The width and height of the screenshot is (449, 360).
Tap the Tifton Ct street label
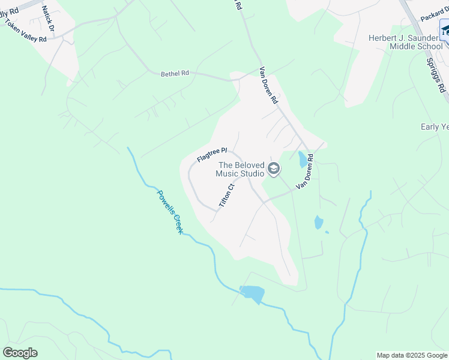[225, 196]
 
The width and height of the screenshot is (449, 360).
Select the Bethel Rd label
[175, 73]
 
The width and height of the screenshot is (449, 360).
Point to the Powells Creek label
[169, 211]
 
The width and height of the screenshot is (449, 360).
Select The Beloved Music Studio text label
[240, 169]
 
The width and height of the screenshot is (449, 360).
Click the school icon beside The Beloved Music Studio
[274, 169]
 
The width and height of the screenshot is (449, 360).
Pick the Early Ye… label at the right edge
[434, 127]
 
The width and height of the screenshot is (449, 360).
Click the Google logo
[20, 353]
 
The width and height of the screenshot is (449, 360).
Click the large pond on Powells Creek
[252, 293]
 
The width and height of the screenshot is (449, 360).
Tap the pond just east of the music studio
[302, 159]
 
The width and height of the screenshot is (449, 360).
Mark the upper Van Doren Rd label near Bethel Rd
[268, 86]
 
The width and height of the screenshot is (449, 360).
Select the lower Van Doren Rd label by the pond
[305, 172]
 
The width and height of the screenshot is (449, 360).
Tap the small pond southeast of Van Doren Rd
[318, 223]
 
